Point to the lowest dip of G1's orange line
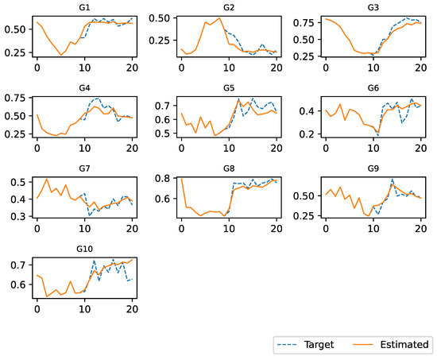pyautogui.click(x=61, y=55)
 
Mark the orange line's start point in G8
pyautogui.click(x=181, y=179)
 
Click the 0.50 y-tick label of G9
pyautogui.click(x=307, y=195)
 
